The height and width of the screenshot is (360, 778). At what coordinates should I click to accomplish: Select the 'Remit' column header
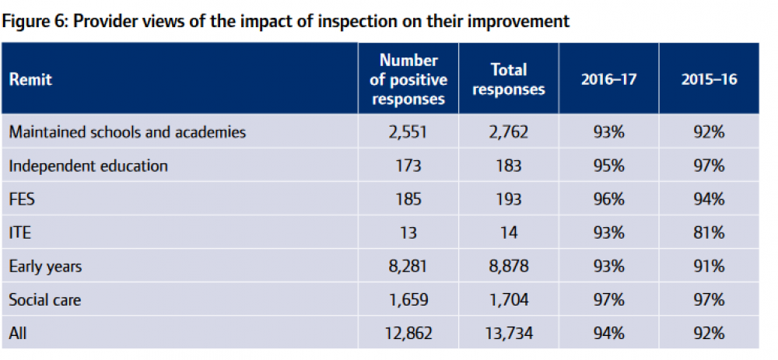click(x=30, y=79)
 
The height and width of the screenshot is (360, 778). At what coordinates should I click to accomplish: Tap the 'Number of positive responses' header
click(x=408, y=79)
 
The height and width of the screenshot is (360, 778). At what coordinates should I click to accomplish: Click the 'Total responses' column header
click(x=509, y=79)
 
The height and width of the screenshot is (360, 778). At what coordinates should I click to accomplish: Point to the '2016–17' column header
click(x=608, y=79)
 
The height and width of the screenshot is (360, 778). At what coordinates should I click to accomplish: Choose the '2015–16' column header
click(x=708, y=79)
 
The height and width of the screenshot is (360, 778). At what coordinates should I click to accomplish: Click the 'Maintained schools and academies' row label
click(x=128, y=132)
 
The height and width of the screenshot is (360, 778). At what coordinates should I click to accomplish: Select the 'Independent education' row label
click(x=89, y=166)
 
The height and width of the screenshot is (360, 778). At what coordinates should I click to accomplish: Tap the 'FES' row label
click(x=22, y=199)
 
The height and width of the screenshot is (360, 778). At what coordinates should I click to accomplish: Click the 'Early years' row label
click(x=45, y=266)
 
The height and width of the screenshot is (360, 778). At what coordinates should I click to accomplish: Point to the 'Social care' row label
click(x=45, y=299)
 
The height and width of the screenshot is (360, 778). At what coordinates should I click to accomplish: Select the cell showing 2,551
click(x=408, y=132)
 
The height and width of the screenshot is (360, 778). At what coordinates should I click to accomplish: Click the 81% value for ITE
click(x=708, y=232)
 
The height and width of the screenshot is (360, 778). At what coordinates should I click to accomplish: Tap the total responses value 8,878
click(x=509, y=266)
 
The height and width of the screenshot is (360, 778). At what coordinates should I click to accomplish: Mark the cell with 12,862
click(x=408, y=333)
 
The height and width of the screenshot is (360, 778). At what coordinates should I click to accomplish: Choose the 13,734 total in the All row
click(x=509, y=333)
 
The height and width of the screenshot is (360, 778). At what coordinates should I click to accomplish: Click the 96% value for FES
click(x=608, y=199)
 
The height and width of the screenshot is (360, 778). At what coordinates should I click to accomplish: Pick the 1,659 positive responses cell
click(x=408, y=299)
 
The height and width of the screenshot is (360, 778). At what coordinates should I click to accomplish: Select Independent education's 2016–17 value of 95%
click(x=608, y=166)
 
